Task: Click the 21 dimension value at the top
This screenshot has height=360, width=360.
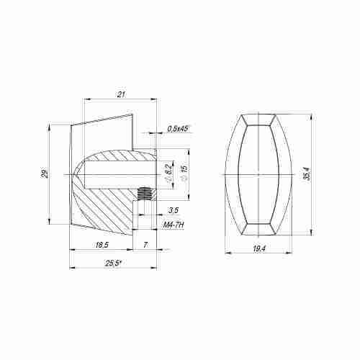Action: coord(121,94)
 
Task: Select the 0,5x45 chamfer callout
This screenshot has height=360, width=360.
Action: coord(178,129)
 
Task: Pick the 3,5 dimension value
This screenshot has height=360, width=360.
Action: coord(174,210)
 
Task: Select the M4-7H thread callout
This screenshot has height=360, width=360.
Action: coord(174,225)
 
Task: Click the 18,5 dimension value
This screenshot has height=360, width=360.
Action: coord(102,245)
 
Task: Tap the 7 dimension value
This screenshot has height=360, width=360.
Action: coord(145,245)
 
